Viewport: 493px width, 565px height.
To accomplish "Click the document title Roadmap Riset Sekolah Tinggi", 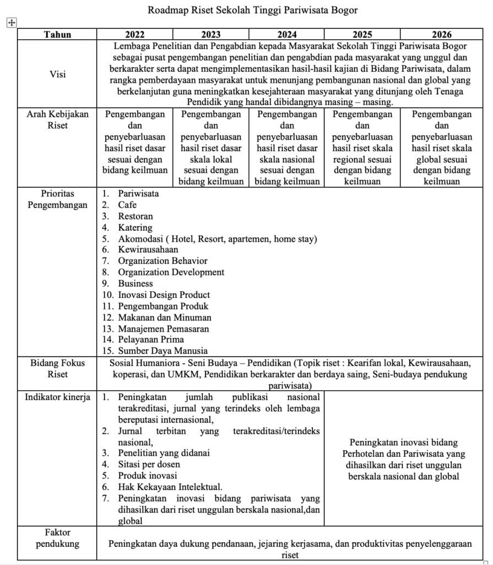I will click(x=253, y=10).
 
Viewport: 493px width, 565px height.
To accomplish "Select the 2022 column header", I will click(x=135, y=34).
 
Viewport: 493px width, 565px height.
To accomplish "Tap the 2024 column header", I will click(x=287, y=34).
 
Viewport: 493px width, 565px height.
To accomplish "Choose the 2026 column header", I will click(x=441, y=34).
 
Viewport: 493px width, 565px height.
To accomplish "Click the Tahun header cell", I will click(x=57, y=34).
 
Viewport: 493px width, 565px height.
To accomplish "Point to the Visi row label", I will click(x=57, y=74).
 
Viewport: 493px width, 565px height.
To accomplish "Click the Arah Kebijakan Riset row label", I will click(x=57, y=120).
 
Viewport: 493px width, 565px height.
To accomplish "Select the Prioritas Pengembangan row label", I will click(x=57, y=199).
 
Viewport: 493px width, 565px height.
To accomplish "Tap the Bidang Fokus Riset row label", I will click(x=57, y=368).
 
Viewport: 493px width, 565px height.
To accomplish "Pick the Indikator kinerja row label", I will click(x=57, y=397).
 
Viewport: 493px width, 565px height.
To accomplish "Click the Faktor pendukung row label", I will click(x=57, y=538).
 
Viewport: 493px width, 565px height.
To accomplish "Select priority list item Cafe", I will click(x=128, y=205).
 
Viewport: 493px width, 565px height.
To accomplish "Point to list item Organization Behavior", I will click(x=162, y=261).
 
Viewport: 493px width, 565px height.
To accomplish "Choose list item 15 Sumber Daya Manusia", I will click(x=162, y=350).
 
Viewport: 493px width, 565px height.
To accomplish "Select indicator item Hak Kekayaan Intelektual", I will click(x=170, y=487).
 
